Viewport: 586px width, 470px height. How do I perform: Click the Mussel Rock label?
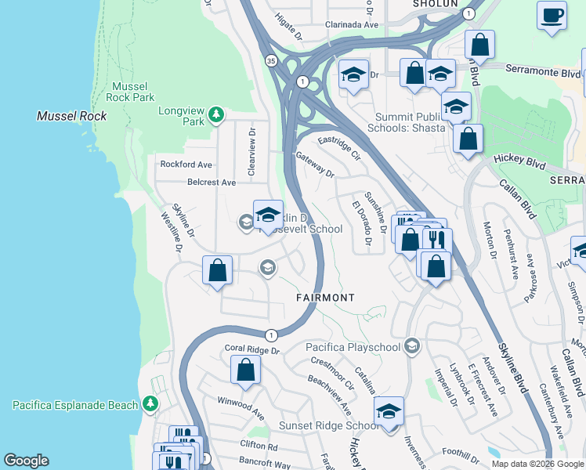click(71, 116)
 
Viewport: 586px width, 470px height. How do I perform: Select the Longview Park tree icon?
click(216, 117)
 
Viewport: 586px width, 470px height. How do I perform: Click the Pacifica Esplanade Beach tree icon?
click(150, 405)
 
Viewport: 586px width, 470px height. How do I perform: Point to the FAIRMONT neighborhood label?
click(325, 298)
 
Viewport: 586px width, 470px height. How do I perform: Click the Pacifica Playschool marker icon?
click(413, 346)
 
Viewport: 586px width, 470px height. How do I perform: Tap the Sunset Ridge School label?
click(329, 425)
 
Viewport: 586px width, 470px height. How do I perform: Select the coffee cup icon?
click(552, 15)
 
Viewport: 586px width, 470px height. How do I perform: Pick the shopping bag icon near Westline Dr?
click(218, 271)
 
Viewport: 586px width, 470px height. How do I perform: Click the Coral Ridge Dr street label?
click(252, 350)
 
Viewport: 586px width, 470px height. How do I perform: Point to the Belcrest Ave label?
click(212, 183)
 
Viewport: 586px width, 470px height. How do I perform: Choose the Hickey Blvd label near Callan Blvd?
click(519, 159)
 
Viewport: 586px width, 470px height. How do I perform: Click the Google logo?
click(27, 461)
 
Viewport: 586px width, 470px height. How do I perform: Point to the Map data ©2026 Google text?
click(537, 464)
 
